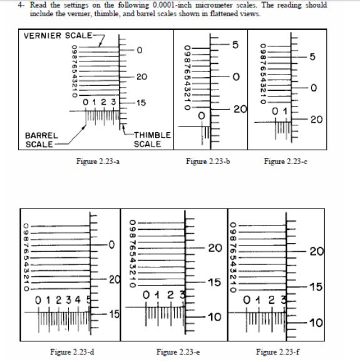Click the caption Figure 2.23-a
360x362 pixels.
pyautogui.click(x=96, y=162)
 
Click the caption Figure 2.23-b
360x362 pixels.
pyautogui.click(x=209, y=162)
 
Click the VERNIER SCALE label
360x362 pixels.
pyautogui.click(x=58, y=35)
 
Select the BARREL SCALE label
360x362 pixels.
pyautogui.click(x=42, y=140)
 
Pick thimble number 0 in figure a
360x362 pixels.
pyautogui.click(x=140, y=49)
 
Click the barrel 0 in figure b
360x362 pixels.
pyautogui.click(x=201, y=116)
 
